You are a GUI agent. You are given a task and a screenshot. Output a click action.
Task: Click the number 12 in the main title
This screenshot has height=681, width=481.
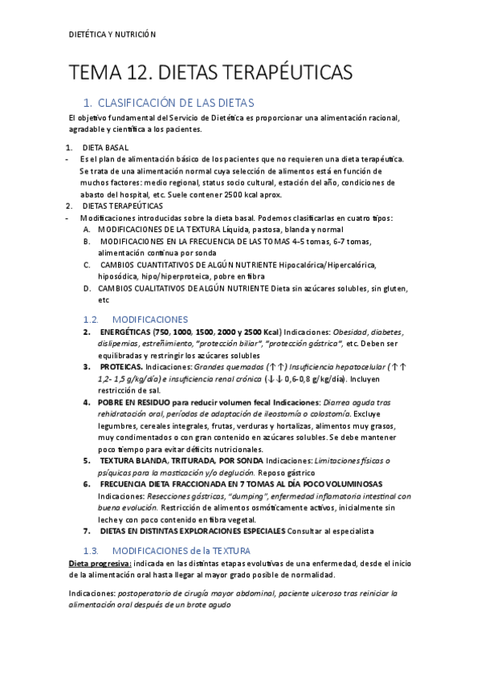[x=132, y=74]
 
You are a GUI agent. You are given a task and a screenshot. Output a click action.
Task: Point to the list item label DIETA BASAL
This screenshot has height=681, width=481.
[x=105, y=149]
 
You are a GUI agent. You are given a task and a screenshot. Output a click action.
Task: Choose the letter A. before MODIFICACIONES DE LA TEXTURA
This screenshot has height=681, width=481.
[x=87, y=229]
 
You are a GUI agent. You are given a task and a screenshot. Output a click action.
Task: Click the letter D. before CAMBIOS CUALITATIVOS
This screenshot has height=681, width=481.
[x=87, y=288]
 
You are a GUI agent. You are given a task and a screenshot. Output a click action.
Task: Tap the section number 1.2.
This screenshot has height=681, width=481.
[x=95, y=319]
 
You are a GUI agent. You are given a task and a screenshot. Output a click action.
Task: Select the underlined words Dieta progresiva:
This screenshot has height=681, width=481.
[x=100, y=564]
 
